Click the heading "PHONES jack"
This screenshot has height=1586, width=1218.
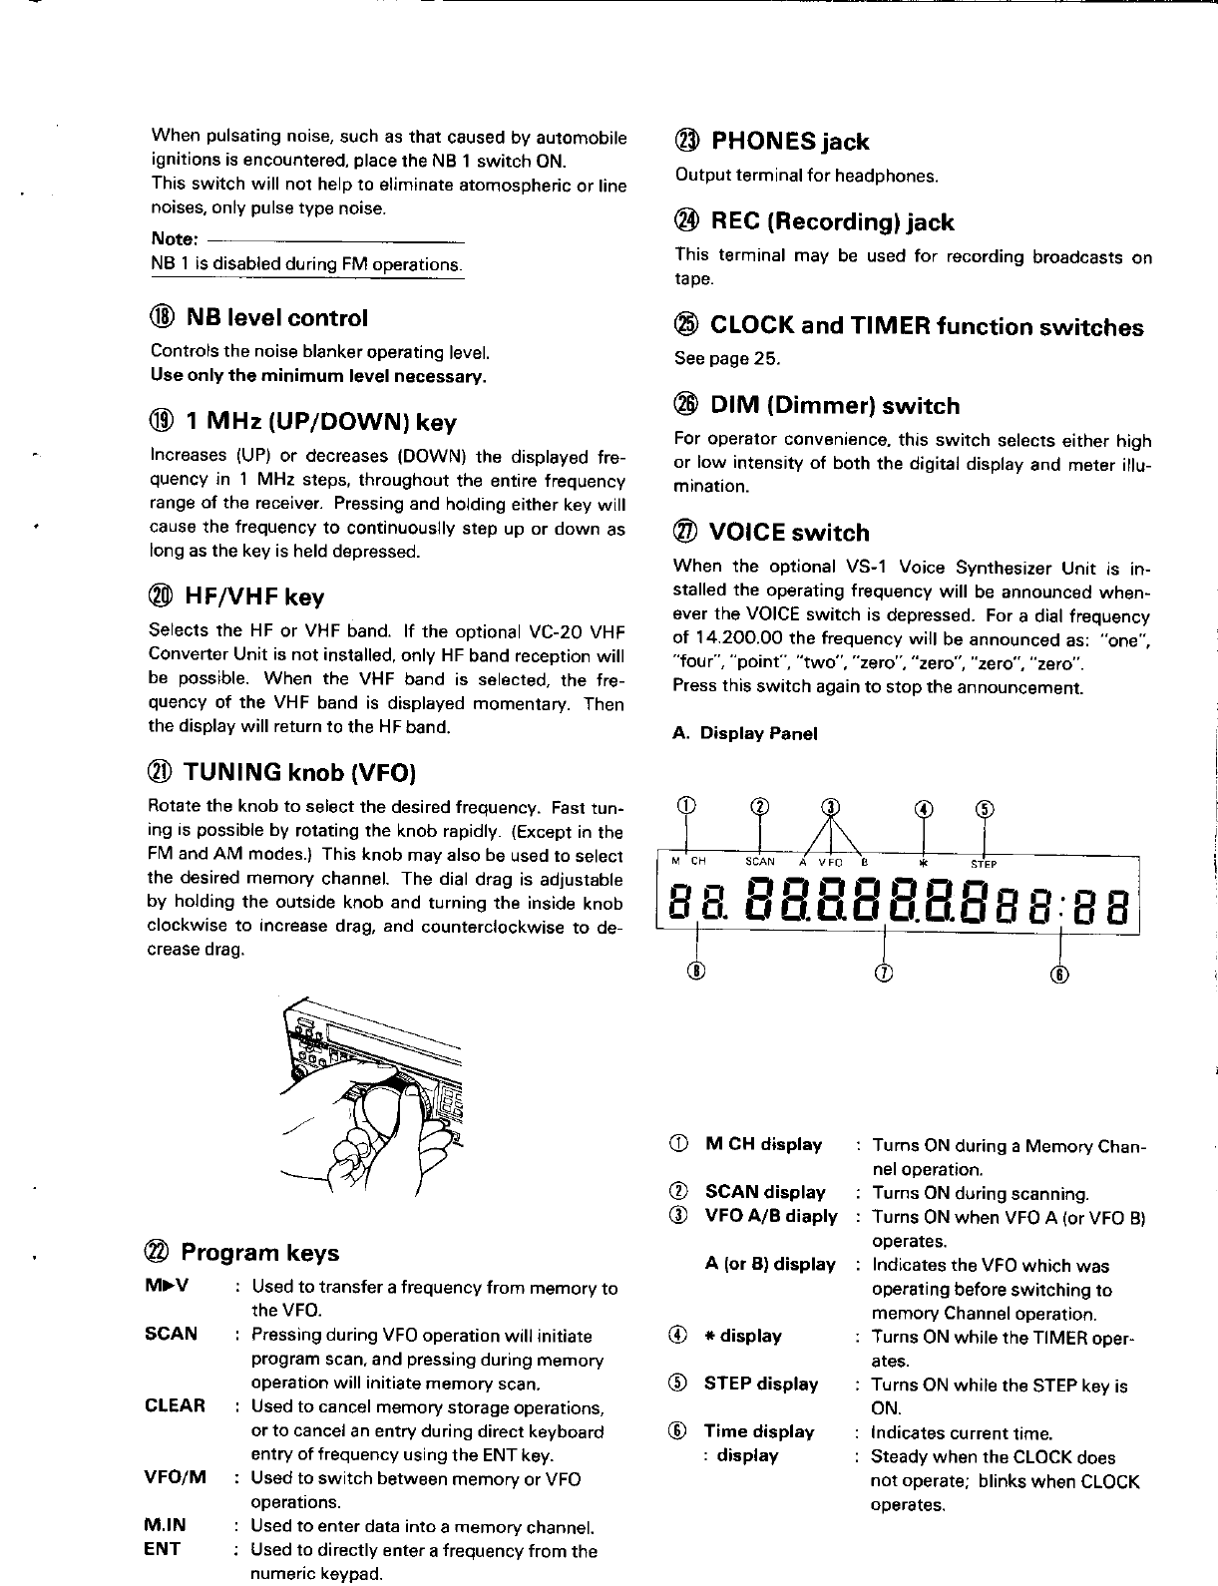[788, 142]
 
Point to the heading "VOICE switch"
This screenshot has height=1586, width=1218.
[789, 533]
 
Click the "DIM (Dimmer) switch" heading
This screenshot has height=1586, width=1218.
[835, 406]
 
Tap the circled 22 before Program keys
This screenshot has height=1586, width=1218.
[160, 1253]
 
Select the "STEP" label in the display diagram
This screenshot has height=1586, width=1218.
[985, 864]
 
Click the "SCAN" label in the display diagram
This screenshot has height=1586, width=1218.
[760, 864]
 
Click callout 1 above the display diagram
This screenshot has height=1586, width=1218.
[685, 806]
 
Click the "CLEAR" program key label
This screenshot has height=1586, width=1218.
[176, 1406]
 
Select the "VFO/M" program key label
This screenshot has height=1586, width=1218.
[176, 1478]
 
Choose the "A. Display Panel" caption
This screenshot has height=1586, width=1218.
[745, 734]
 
